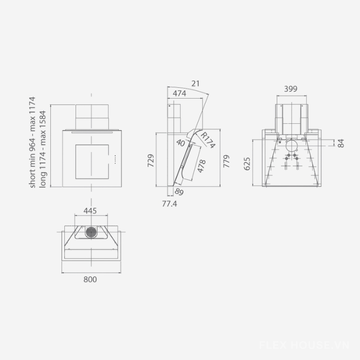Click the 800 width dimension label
tap(90, 279)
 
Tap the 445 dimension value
tap(90, 211)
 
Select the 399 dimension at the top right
tap(291, 89)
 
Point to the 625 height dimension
tap(247, 164)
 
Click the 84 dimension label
tap(341, 143)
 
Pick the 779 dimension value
tap(226, 161)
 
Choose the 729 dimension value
tap(151, 161)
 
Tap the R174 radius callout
tap(208, 140)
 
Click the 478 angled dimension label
tap(201, 166)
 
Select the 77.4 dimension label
tap(170, 204)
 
